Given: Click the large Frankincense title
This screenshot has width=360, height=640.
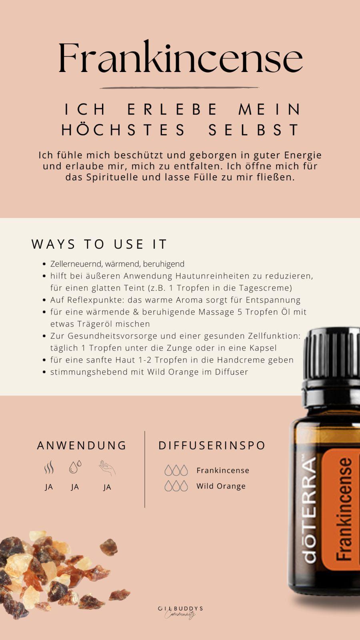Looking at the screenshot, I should (x=180, y=58).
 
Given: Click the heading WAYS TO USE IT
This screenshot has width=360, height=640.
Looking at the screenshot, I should (x=99, y=244).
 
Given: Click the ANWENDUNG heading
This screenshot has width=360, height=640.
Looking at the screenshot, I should (x=82, y=445).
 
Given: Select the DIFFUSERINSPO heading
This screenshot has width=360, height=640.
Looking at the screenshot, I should (x=212, y=445).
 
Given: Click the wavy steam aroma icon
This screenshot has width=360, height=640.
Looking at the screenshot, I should (x=49, y=468).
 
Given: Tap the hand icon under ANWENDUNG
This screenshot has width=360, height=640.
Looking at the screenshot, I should (x=107, y=468).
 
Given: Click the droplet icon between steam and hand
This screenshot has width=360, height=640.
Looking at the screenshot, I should (x=75, y=467).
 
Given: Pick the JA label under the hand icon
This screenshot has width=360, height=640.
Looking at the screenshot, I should (x=107, y=487).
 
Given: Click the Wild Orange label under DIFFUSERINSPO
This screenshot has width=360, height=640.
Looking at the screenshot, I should (x=221, y=486).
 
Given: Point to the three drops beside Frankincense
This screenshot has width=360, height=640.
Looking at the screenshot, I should (x=176, y=470).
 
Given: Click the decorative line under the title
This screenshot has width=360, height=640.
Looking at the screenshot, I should (x=179, y=88).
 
